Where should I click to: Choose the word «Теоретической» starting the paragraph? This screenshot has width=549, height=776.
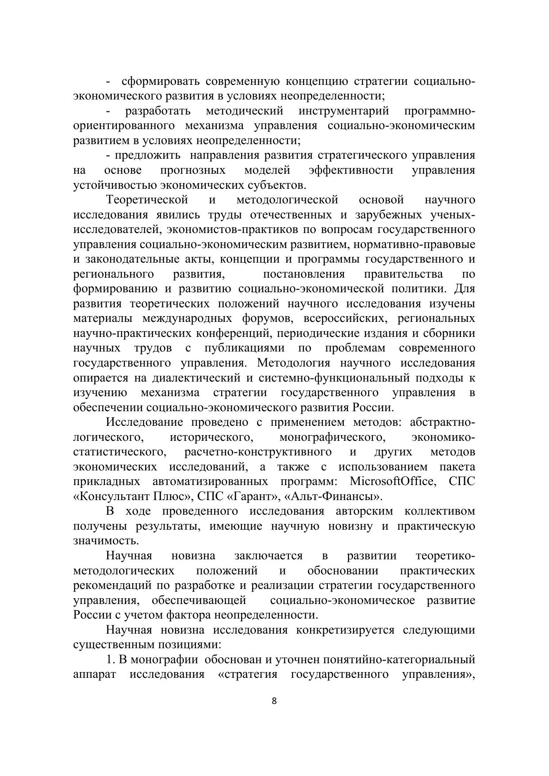147,200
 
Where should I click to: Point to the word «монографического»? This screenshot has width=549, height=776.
331,437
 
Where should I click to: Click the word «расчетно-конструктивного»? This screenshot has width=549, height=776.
258,452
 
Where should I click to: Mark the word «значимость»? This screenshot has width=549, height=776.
106,541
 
